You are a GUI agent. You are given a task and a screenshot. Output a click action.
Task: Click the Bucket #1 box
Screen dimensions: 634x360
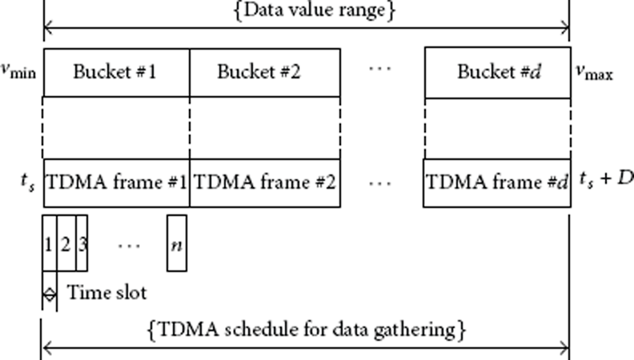(116, 73)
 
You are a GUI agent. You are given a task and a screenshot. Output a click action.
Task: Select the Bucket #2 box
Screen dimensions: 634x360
(265, 73)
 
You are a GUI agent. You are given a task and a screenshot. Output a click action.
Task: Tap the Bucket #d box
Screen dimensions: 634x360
(498, 73)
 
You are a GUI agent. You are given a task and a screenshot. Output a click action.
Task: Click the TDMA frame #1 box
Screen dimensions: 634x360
(116, 183)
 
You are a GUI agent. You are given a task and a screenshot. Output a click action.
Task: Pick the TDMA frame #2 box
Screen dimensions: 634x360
(265, 183)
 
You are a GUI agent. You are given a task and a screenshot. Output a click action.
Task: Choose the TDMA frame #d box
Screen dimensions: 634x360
(497, 183)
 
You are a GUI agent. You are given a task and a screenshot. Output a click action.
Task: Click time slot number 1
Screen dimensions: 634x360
(50, 243)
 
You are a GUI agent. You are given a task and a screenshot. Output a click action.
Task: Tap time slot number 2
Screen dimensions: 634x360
(66, 243)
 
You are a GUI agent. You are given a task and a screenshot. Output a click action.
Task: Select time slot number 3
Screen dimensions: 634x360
(82, 243)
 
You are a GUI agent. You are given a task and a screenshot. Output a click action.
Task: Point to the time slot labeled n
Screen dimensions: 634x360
(177, 243)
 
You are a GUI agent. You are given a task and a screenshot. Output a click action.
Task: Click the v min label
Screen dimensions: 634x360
(18, 70)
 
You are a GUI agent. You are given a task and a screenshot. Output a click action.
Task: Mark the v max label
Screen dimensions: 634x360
(594, 72)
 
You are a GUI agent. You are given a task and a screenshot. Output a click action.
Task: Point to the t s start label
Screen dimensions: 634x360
(27, 182)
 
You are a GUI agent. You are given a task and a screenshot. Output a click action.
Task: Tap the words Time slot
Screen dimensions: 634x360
(106, 292)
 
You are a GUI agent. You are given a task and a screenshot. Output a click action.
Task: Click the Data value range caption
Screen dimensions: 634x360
(314, 10)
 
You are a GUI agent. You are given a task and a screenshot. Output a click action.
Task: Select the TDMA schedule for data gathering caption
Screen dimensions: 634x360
(307, 330)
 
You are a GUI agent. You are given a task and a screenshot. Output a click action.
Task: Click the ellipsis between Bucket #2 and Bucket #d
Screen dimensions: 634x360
(380, 69)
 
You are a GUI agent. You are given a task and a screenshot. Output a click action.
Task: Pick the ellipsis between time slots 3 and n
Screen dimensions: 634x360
(129, 246)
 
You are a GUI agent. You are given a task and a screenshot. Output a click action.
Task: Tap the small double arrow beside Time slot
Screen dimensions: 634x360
(50, 294)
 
